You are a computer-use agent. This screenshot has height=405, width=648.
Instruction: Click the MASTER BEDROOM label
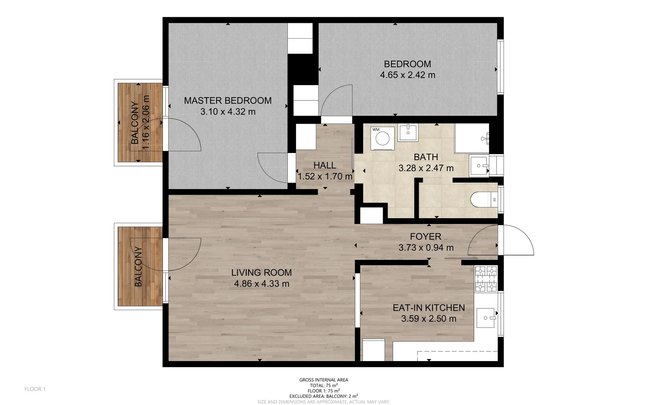coord(227,100)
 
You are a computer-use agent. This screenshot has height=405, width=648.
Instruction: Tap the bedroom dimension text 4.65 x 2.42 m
coord(407,75)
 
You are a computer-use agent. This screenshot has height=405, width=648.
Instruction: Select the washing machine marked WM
coord(382,138)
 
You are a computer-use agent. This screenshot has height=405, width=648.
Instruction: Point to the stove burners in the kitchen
coord(486,279)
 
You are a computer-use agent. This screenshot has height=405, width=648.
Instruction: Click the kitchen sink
coord(486,318)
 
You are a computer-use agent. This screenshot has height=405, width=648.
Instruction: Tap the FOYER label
coord(425,237)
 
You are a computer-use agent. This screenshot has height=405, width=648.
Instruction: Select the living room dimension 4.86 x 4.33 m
coord(262,284)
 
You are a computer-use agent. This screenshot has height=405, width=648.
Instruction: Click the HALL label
coord(325,165)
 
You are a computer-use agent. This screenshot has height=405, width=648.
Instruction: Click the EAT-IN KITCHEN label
coord(428,308)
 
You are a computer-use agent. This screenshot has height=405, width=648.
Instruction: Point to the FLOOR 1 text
coord(35,389)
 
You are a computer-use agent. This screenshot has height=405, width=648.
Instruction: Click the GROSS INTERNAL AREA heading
coord(323,380)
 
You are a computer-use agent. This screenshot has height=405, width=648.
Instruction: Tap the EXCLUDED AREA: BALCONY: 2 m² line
coord(323,396)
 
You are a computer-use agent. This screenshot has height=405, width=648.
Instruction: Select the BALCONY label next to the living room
coord(138,267)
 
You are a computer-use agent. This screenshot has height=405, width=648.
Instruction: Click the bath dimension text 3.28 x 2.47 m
coord(426,168)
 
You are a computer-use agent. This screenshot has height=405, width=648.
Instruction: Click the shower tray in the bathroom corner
coord(471,138)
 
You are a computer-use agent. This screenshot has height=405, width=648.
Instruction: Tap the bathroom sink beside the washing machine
coord(408,132)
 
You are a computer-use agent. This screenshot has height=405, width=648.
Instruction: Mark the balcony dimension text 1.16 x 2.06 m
coord(146,122)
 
